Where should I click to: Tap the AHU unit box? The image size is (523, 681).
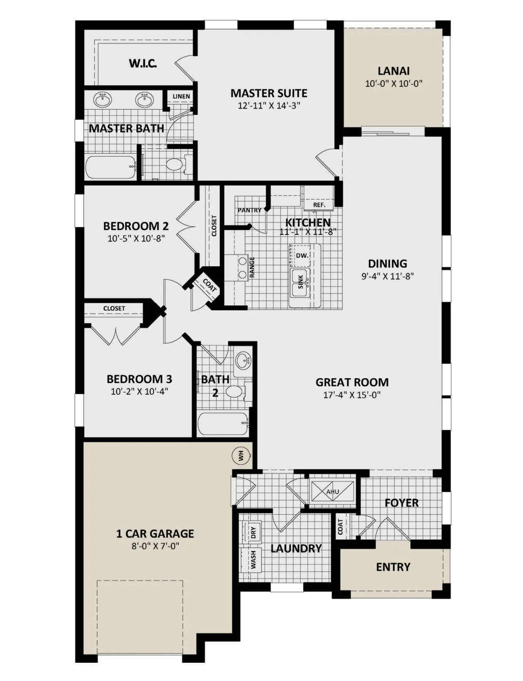(x=333, y=492)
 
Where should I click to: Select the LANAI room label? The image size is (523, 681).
(x=394, y=71)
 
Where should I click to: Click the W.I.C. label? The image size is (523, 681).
(x=143, y=63)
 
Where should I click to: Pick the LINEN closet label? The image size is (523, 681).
(x=181, y=97)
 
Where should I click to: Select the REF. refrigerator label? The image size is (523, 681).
(x=319, y=205)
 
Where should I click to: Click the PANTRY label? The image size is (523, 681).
(x=249, y=210)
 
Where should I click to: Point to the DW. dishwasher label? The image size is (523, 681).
(x=302, y=255)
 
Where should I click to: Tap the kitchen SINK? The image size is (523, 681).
(x=301, y=283)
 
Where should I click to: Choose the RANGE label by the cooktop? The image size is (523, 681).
(x=252, y=268)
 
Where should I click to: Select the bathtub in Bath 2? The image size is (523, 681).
(x=224, y=424)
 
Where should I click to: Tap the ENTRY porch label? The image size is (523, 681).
(x=393, y=567)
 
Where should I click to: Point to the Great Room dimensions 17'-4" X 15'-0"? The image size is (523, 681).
(x=352, y=395)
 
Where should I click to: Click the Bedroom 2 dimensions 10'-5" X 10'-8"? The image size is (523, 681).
(x=136, y=238)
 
